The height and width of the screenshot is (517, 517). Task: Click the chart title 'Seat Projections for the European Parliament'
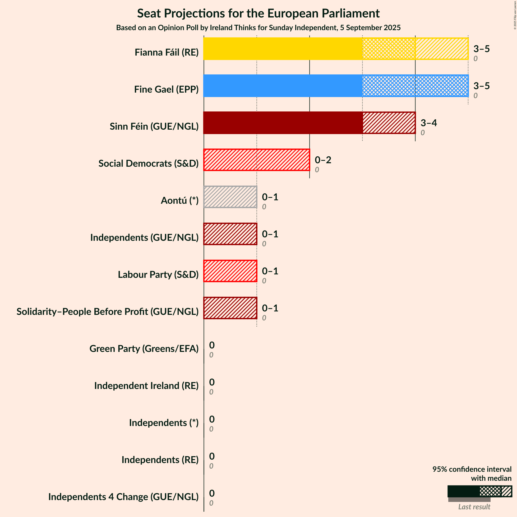(258, 13)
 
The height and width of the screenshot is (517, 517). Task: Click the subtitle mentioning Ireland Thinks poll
(258, 28)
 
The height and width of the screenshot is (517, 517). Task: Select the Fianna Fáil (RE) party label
(167, 52)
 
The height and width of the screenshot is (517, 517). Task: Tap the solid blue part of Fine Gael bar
(283, 86)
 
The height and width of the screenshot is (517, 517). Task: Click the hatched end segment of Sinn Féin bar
(389, 123)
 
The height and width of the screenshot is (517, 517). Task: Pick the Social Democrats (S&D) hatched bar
(257, 160)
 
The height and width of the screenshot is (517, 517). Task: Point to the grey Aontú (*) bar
(230, 197)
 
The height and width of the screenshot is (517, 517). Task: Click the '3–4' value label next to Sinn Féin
(429, 123)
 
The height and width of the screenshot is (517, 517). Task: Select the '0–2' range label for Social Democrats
(323, 160)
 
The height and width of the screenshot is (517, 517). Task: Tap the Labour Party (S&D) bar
(230, 271)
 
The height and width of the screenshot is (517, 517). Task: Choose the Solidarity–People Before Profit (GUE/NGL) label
(108, 311)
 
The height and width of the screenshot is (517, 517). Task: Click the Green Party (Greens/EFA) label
(144, 348)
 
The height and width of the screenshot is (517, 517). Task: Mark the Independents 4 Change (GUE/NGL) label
(123, 497)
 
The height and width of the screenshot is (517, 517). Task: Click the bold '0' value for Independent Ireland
(212, 382)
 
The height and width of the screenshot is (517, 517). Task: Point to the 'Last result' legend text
(474, 507)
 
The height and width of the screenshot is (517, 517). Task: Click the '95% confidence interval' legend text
(472, 469)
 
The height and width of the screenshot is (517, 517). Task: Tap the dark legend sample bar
(464, 491)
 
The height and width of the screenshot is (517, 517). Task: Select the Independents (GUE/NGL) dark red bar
(230, 234)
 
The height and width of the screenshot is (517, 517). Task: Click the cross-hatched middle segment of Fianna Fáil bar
(389, 49)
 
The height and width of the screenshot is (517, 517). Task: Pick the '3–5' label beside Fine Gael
(481, 86)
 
